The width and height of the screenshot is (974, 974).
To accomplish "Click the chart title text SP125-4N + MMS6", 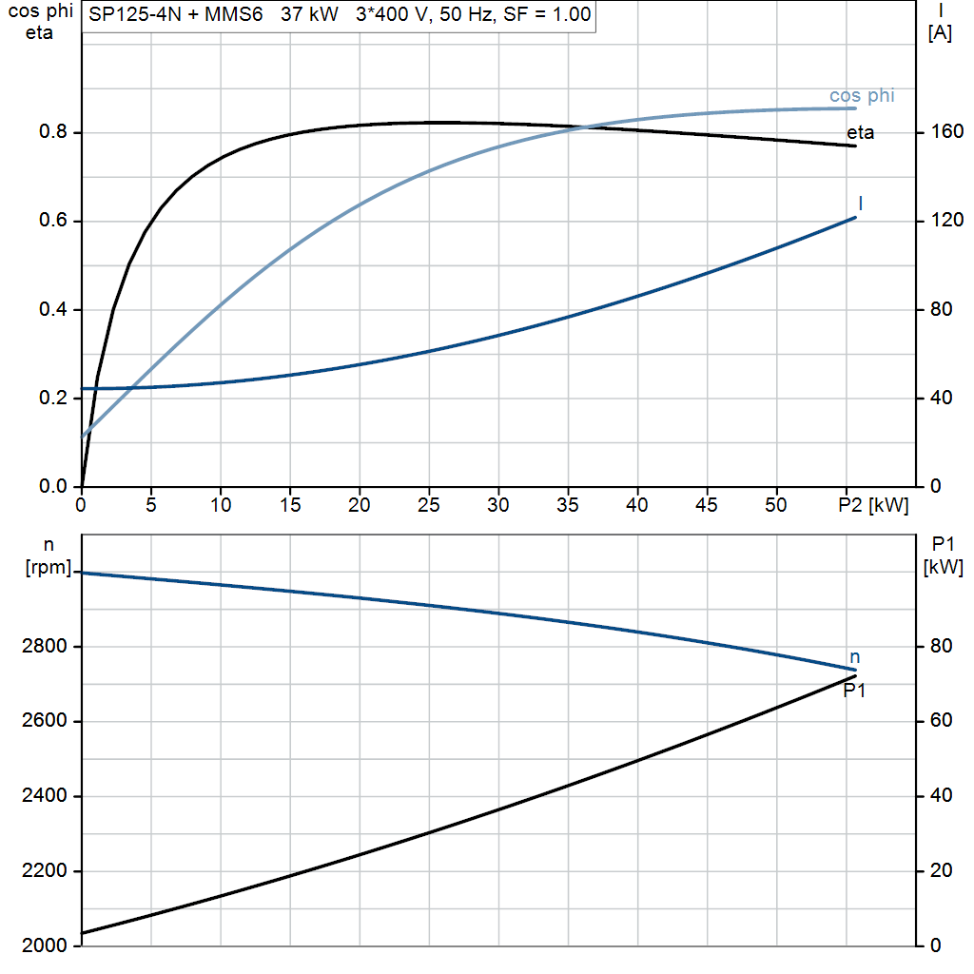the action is click(x=176, y=13).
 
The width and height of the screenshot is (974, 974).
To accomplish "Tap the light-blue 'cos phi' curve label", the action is click(x=862, y=96).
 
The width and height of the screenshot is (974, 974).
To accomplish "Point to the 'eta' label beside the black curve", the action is click(x=860, y=132).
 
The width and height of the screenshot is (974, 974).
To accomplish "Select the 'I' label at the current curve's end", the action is click(x=860, y=204).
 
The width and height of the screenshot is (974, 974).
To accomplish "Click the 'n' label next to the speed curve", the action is click(x=855, y=657).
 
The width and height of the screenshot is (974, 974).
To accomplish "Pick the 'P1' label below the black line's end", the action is click(x=854, y=691).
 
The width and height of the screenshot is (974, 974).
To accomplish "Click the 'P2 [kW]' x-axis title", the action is click(x=873, y=505).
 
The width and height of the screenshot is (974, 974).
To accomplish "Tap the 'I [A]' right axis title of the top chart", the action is click(x=940, y=22).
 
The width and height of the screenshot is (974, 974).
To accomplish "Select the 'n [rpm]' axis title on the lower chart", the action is click(x=49, y=555).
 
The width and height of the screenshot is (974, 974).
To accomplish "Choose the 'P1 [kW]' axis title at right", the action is click(x=943, y=555).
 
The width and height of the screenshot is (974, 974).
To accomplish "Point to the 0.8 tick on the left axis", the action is click(x=53, y=131).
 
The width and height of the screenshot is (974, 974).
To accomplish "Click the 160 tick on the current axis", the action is click(x=947, y=131).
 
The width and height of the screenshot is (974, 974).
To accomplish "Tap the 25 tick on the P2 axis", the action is click(x=429, y=505).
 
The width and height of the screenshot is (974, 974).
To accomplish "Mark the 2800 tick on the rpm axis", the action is click(x=44, y=647).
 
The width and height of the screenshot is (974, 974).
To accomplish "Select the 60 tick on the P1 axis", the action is click(x=942, y=721).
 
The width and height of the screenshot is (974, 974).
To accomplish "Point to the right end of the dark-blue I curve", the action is click(x=855, y=218).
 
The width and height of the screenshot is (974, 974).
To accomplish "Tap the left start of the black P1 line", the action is click(x=83, y=932).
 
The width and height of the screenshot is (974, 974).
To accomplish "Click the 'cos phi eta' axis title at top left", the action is click(x=40, y=22).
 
